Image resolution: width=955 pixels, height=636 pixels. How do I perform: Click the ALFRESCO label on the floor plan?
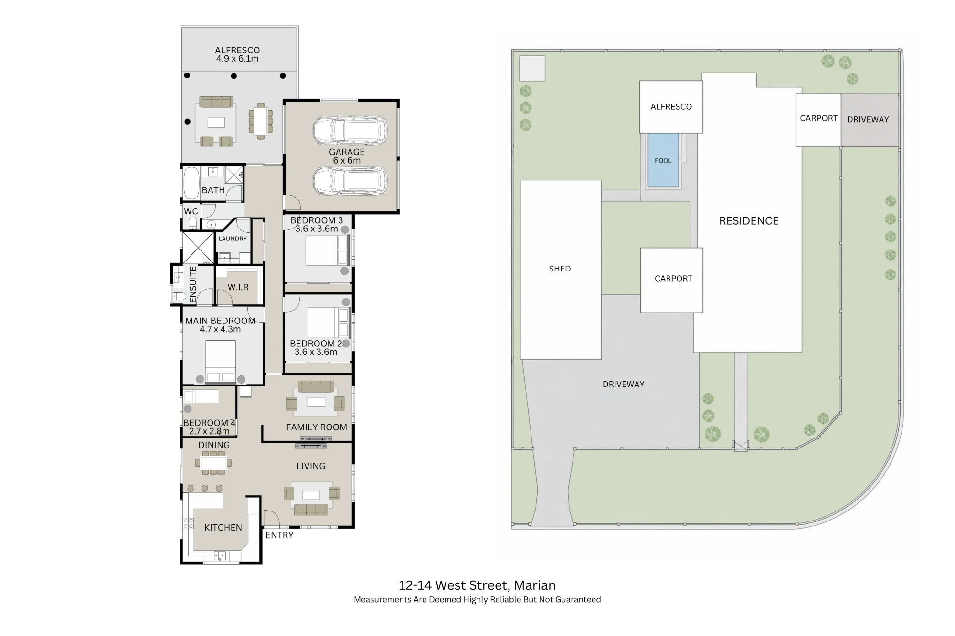[x=237, y=50]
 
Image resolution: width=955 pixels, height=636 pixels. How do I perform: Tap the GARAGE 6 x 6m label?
[x=347, y=156]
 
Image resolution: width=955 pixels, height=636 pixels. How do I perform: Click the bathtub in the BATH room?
[x=191, y=183]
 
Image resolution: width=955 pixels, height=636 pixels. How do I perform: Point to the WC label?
[x=191, y=211]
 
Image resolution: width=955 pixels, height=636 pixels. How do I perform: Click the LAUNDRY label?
[x=233, y=239]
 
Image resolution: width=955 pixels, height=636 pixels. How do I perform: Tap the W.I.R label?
[x=238, y=287]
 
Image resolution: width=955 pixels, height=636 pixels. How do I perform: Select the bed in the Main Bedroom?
[x=221, y=361]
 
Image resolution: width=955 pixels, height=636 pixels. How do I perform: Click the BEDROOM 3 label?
[x=317, y=220]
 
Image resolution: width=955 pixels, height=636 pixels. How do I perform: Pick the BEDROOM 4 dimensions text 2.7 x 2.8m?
[x=209, y=431]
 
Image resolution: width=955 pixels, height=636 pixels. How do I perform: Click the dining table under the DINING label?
[x=213, y=463]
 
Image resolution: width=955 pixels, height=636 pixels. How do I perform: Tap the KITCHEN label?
[x=223, y=527]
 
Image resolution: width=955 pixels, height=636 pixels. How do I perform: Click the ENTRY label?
[x=279, y=535]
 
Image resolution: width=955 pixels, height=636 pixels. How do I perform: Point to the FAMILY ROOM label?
[x=317, y=427]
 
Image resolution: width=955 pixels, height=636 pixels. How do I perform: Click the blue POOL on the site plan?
[x=663, y=160]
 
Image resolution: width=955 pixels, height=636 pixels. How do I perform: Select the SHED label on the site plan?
[x=560, y=269]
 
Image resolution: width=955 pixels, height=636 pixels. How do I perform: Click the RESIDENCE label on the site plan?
[x=749, y=221]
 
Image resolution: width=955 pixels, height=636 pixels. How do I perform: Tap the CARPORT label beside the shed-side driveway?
[x=673, y=279]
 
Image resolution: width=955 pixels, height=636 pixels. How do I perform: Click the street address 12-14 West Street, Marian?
[x=477, y=585]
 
